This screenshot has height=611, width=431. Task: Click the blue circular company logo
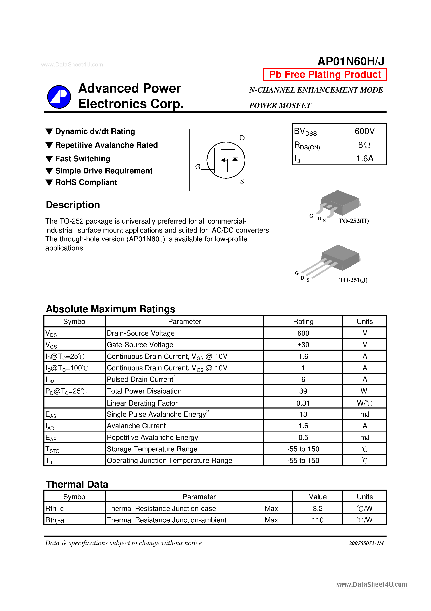coord(59,97)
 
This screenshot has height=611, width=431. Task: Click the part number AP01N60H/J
coord(351,61)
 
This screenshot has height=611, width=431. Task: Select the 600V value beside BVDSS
coord(365,131)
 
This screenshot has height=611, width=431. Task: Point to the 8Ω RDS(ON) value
coord(364,145)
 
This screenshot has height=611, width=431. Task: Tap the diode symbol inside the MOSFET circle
coord(235,159)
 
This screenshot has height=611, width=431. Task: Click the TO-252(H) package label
coord(353,221)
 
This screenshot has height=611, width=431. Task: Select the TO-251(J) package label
coord(353,280)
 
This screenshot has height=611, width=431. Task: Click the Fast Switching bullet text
coord(83,159)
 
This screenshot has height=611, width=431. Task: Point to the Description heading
coord(73,205)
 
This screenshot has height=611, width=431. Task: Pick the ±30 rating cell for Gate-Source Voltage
coord(303,345)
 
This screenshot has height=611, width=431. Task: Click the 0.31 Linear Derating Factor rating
coord(303,403)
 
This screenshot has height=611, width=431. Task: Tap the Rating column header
coord(303,321)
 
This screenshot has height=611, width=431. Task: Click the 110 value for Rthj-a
coord(318,520)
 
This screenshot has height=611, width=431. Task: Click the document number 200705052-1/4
coord(366,543)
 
